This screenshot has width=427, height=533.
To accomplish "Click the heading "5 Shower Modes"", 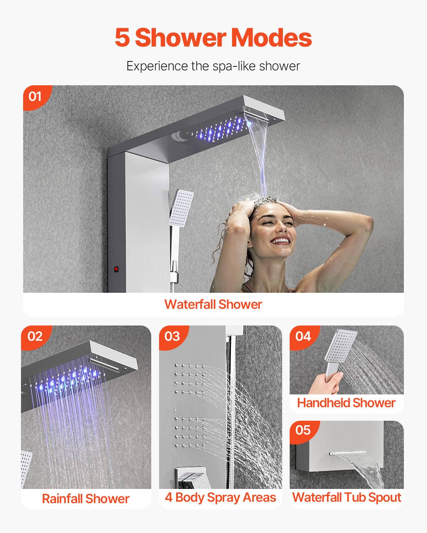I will click(x=213, y=38).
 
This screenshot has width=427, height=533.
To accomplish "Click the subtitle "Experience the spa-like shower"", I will click(x=213, y=66).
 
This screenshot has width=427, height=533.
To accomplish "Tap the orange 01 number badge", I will click(x=35, y=96).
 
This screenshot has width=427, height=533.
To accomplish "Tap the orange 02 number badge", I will click(x=35, y=336).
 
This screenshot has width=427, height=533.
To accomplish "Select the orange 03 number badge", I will click(x=172, y=336).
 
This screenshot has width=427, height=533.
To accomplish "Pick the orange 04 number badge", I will click(x=303, y=336).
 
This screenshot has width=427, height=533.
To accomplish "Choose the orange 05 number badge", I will click(x=303, y=430).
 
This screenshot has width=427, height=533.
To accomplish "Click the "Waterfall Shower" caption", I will click(x=213, y=305).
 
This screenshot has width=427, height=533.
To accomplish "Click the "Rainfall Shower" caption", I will click(x=85, y=499).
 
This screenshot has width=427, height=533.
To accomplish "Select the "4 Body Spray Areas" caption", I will click(x=220, y=497).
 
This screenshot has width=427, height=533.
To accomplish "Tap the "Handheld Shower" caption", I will click(x=346, y=403).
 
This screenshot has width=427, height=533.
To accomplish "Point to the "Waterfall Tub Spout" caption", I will click(x=347, y=497).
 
